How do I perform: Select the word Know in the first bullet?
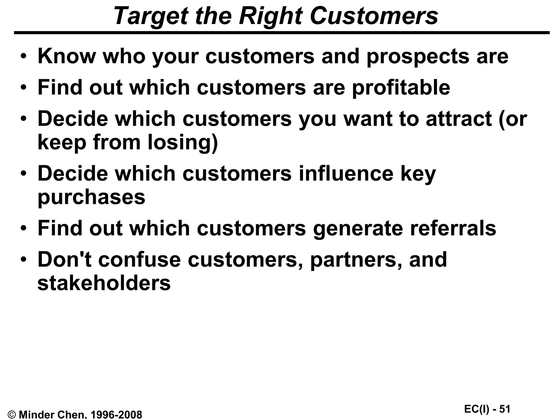coord(67,56)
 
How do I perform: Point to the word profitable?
coord(401,88)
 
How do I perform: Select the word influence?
coord(346,173)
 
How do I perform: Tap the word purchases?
coord(91,197)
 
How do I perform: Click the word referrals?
coord(453,228)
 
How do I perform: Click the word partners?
coord(356,260)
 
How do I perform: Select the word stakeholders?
coord(104,283)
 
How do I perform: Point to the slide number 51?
coord(505,409)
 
